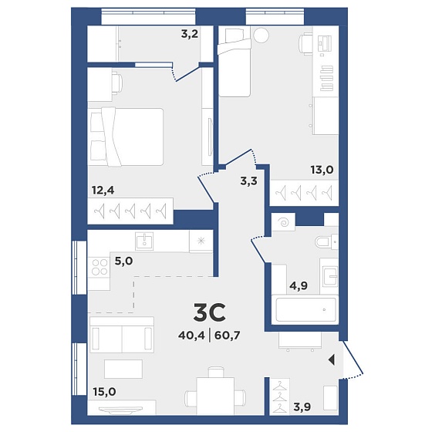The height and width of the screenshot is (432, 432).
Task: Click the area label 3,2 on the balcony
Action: (190, 35)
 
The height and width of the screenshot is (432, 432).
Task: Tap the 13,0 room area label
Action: (322, 170)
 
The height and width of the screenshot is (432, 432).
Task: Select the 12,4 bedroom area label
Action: (103, 190)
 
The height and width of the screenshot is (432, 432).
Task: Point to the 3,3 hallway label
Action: (248, 181)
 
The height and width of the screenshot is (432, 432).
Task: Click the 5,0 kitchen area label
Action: (123, 261)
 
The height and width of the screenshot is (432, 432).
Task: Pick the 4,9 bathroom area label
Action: (299, 285)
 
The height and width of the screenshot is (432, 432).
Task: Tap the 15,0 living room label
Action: (104, 392)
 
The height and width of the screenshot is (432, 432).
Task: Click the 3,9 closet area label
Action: (302, 407)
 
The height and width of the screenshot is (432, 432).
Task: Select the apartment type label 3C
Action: (209, 312)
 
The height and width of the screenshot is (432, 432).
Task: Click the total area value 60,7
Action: (228, 336)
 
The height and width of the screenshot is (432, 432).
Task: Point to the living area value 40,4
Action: (191, 336)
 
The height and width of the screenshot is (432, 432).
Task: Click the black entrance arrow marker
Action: (332, 359)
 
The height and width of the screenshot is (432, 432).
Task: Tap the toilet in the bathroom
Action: (326, 241)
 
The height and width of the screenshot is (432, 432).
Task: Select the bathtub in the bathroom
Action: (305, 309)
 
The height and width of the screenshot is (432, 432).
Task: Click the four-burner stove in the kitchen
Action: (100, 267)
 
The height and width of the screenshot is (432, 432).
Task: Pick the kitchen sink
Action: (144, 241)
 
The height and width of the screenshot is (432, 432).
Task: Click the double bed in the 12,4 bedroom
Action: (125, 137)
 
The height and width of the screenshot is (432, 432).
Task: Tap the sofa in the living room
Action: (122, 335)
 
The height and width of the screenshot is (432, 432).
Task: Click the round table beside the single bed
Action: (261, 35)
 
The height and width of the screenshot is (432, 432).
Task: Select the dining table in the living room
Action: (215, 396)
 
